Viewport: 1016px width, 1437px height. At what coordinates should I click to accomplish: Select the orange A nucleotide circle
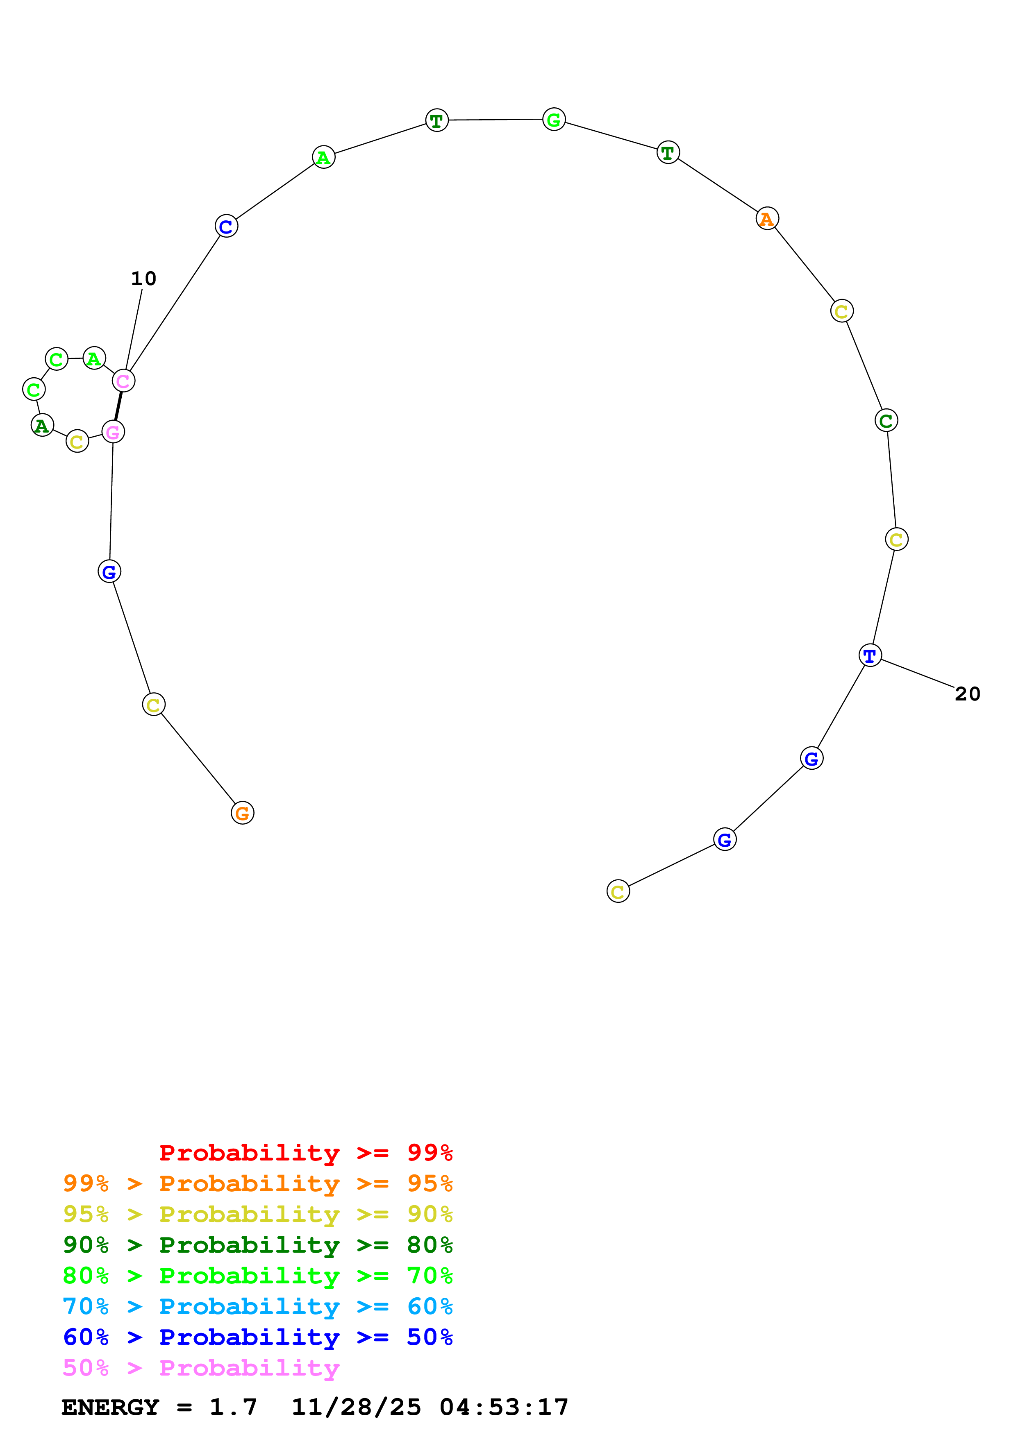click(x=767, y=218)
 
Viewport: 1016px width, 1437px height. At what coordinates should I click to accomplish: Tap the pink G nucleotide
click(x=113, y=432)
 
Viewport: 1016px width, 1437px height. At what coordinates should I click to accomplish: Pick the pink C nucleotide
click(x=123, y=381)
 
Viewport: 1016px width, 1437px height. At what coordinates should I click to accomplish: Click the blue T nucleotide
click(x=870, y=655)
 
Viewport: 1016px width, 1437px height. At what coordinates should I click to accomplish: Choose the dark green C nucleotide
click(x=886, y=421)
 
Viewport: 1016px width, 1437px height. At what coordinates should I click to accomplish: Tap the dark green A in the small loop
click(x=42, y=426)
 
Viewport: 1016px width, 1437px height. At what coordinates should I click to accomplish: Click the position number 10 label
click(x=143, y=279)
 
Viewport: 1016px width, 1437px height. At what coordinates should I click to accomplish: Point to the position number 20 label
click(x=967, y=694)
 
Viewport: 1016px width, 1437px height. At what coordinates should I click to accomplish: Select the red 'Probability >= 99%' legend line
click(x=305, y=1153)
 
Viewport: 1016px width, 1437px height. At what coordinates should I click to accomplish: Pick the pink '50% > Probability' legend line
click(x=201, y=1368)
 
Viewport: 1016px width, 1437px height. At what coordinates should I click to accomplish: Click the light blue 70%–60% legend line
click(x=257, y=1307)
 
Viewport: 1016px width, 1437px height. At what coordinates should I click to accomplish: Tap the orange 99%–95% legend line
click(x=257, y=1183)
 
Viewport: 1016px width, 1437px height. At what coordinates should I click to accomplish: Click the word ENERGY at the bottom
click(x=110, y=1408)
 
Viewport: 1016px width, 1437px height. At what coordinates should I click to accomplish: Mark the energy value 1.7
click(x=233, y=1408)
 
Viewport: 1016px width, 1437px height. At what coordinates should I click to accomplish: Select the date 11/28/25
click(x=356, y=1408)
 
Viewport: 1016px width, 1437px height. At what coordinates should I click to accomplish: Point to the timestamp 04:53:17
click(x=504, y=1408)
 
